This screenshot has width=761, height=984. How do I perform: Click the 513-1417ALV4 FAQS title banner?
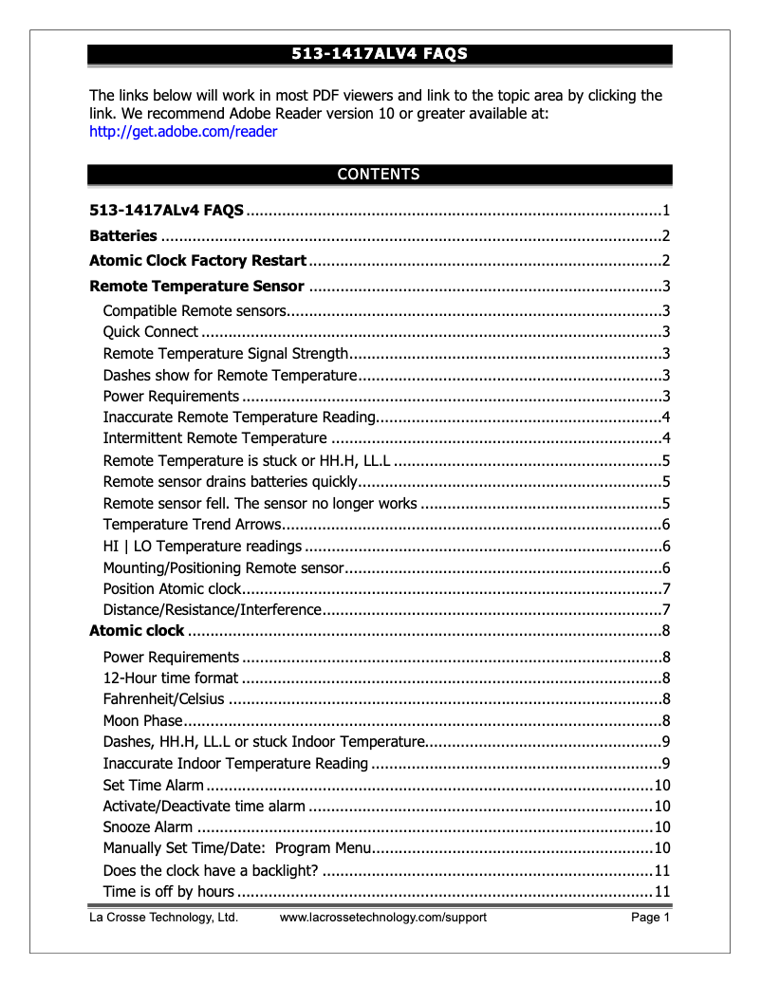pyautogui.click(x=380, y=54)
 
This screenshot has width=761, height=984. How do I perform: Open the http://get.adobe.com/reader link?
pyautogui.click(x=183, y=132)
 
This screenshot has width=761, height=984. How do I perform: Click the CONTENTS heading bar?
pyautogui.click(x=380, y=174)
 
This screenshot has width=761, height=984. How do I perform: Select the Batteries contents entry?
pyautogui.click(x=123, y=235)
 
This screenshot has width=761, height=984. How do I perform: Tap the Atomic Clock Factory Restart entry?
pyautogui.click(x=197, y=260)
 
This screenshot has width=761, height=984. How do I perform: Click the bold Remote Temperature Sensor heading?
pyautogui.click(x=196, y=286)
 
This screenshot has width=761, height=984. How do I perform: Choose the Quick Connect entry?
pyautogui.click(x=151, y=331)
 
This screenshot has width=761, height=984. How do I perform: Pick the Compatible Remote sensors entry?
pyautogui.click(x=195, y=310)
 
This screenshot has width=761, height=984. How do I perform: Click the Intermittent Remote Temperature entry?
pyautogui.click(x=214, y=437)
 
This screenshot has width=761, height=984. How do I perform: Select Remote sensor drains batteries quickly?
pyautogui.click(x=230, y=481)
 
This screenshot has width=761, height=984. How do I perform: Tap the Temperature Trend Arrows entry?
pyautogui.click(x=193, y=525)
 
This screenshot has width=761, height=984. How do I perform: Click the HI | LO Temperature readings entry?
pyautogui.click(x=202, y=546)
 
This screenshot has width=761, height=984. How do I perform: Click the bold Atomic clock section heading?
pyautogui.click(x=137, y=630)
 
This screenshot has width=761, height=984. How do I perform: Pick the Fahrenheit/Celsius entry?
pyautogui.click(x=163, y=699)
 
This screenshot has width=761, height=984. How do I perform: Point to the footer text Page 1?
pyautogui.click(x=651, y=918)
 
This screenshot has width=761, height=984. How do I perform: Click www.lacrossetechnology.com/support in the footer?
pyautogui.click(x=382, y=918)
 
